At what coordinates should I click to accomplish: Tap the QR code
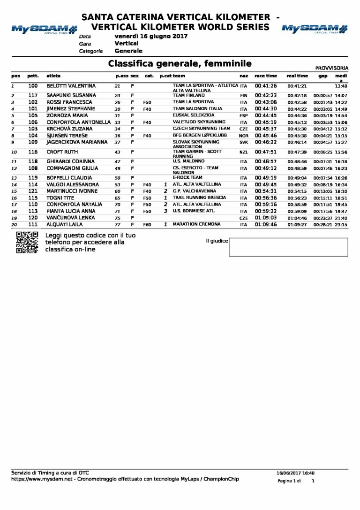27,242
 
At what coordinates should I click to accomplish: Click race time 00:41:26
266,86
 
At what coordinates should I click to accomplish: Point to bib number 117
33,95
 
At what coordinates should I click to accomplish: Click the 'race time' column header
266,76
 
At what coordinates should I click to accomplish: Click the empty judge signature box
288,247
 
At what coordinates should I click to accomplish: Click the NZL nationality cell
243,152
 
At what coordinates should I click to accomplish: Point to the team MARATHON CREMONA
196,224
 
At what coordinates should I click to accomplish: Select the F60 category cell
147,225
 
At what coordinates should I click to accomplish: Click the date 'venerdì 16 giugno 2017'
151,36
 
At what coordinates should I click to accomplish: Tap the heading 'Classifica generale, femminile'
180,63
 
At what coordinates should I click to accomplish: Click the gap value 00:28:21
322,225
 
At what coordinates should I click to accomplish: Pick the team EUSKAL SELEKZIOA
194,115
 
